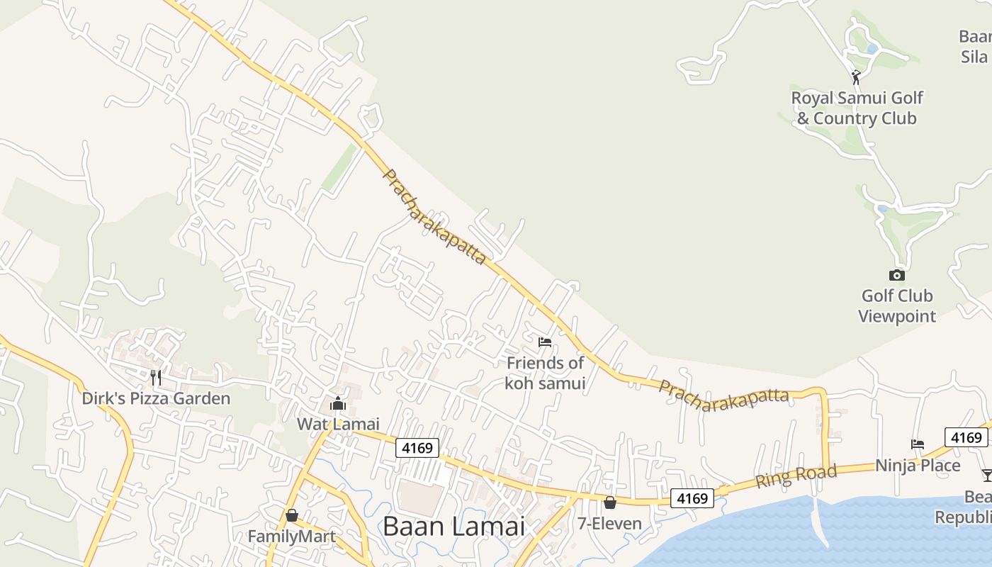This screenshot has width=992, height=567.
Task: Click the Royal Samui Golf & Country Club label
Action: [857, 108]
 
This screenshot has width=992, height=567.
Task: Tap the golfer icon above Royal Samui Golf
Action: [856, 77]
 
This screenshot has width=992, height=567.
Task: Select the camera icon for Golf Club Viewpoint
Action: [897, 275]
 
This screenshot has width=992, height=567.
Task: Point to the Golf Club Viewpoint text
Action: [897, 306]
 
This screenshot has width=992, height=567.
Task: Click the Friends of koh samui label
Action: [545, 374]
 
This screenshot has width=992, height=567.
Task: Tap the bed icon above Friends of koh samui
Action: [545, 342]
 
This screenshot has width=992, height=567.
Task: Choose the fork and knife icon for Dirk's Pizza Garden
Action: [156, 377]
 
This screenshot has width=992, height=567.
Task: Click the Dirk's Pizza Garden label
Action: [156, 398]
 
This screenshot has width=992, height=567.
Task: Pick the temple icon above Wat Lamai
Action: [338, 403]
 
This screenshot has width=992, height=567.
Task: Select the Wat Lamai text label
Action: [338, 425]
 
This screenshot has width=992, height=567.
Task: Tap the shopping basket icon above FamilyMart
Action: [291, 515]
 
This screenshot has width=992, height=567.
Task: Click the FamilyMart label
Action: [291, 537]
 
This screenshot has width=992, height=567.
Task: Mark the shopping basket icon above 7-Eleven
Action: [609, 503]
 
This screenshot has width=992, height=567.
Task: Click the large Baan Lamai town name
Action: [454, 527]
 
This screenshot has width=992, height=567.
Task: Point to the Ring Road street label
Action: [796, 476]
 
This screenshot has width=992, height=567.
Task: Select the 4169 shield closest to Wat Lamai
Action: [417, 448]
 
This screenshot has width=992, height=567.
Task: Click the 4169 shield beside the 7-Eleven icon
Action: [692, 498]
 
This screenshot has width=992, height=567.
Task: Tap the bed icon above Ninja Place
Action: [918, 444]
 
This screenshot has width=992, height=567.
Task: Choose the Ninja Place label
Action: [918, 466]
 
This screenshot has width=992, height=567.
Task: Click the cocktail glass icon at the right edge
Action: [986, 475]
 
